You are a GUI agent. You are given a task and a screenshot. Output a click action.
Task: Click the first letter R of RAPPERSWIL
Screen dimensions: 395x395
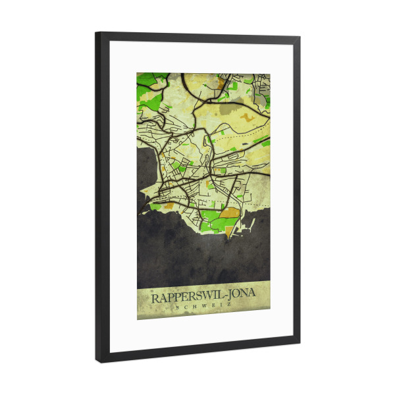coord(155,298)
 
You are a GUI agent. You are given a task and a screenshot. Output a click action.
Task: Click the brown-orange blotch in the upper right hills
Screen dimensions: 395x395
coord(248,118)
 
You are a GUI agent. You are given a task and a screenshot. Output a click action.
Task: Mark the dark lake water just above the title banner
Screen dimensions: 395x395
coord(197,263)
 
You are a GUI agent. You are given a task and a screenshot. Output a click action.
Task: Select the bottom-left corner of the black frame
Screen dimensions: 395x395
coord(98,360)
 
